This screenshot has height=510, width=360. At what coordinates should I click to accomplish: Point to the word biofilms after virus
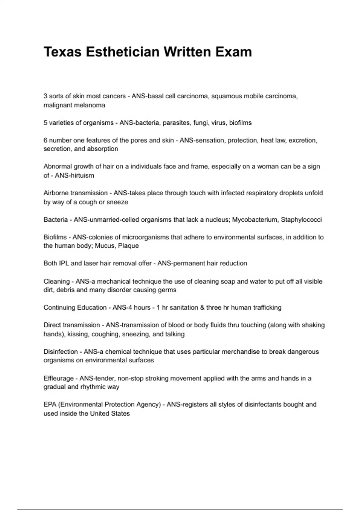click(240, 123)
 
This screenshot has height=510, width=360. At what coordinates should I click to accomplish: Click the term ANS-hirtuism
click(74, 175)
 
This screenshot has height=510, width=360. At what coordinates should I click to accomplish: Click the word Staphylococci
click(301, 220)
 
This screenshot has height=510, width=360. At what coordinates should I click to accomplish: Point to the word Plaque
click(128, 246)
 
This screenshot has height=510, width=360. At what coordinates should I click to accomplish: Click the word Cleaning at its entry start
click(56, 281)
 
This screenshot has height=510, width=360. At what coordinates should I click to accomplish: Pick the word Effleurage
click(58, 378)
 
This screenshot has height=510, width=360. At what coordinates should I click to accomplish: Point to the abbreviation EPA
click(50, 404)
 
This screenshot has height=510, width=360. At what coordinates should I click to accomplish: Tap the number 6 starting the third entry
click(46, 140)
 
